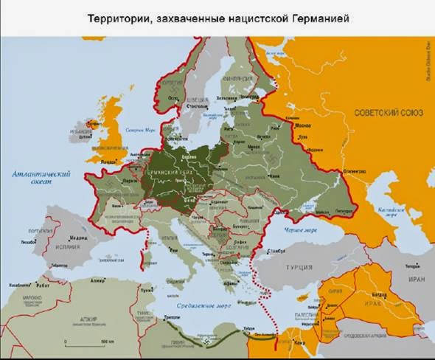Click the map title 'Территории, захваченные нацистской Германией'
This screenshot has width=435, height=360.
217,16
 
